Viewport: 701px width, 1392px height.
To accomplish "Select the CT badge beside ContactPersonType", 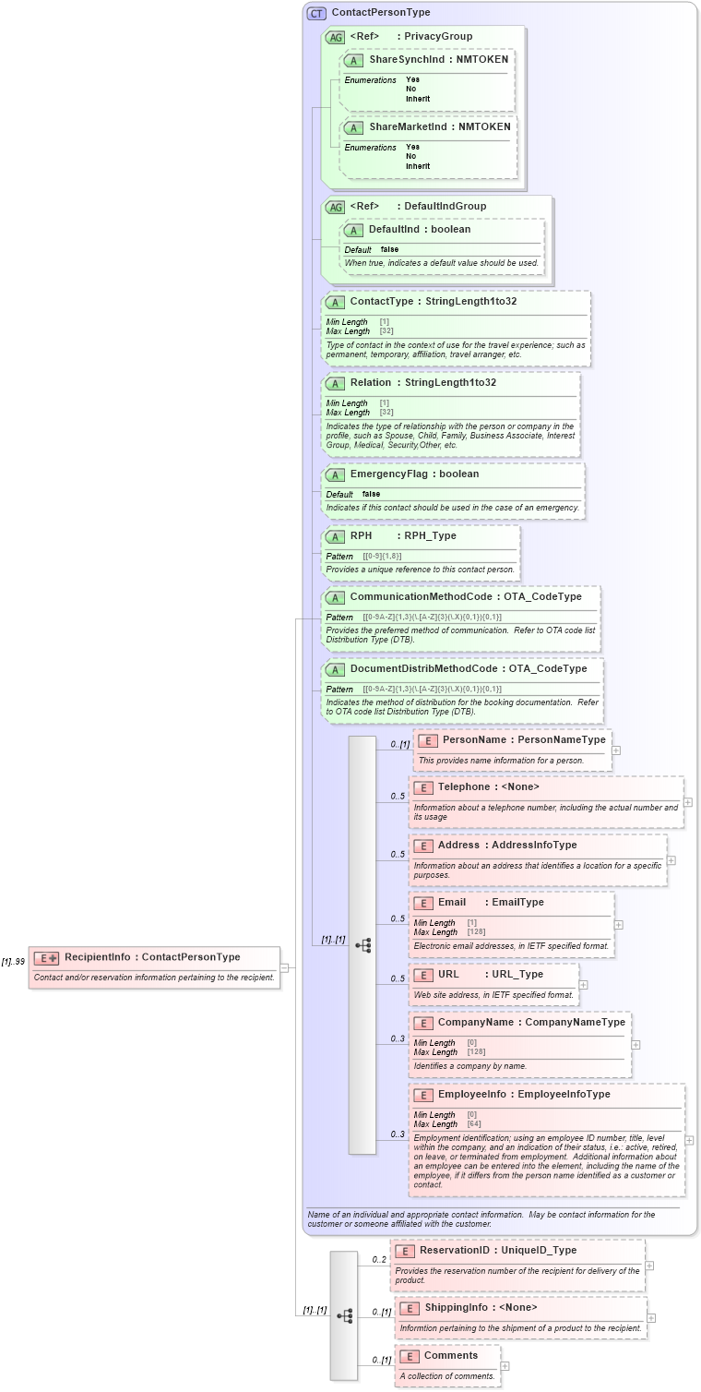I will pos(316,14).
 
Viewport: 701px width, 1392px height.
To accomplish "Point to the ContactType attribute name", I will pos(380,301).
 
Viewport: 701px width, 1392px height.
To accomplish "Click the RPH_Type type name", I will pos(430,535).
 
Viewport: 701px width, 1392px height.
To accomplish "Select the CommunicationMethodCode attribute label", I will pos(423,596).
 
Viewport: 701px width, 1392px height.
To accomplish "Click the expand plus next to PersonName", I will pos(616,750).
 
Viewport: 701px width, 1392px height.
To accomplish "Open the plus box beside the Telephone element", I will pos(688,802).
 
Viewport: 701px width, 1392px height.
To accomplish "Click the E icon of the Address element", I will pos(422,846).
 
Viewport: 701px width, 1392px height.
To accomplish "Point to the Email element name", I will pos(451,902).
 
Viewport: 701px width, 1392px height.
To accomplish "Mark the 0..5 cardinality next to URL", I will pos(398,978).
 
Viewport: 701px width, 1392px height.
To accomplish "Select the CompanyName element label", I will pos(476,1022).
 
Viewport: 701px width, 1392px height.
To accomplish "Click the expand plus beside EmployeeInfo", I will pos(689,1140).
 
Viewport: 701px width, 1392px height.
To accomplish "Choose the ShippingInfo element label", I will pos(456,1307).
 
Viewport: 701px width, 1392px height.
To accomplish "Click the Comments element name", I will pos(450,1355).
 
